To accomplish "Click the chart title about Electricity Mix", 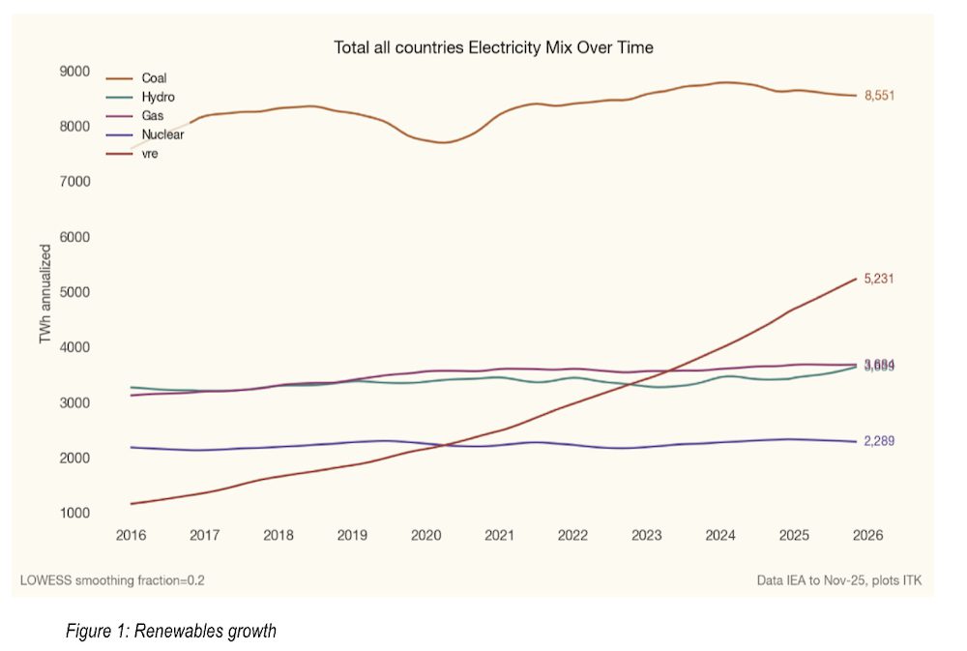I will pyautogui.click(x=494, y=46).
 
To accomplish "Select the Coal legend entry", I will pyautogui.click(x=155, y=78).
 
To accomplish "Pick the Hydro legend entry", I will pyautogui.click(x=158, y=97).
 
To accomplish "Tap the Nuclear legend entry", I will pyautogui.click(x=162, y=134).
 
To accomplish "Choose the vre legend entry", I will pyautogui.click(x=150, y=153).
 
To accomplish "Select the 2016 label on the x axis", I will pyautogui.click(x=131, y=535).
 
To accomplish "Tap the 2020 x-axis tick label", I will pyautogui.click(x=425, y=535).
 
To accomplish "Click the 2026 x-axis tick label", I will pyautogui.click(x=867, y=535).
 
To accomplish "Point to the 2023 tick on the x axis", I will pyautogui.click(x=646, y=535).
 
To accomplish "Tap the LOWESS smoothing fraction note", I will pyautogui.click(x=112, y=580).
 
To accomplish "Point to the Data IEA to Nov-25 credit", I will pyautogui.click(x=839, y=580).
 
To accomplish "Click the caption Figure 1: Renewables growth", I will pyautogui.click(x=170, y=632).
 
